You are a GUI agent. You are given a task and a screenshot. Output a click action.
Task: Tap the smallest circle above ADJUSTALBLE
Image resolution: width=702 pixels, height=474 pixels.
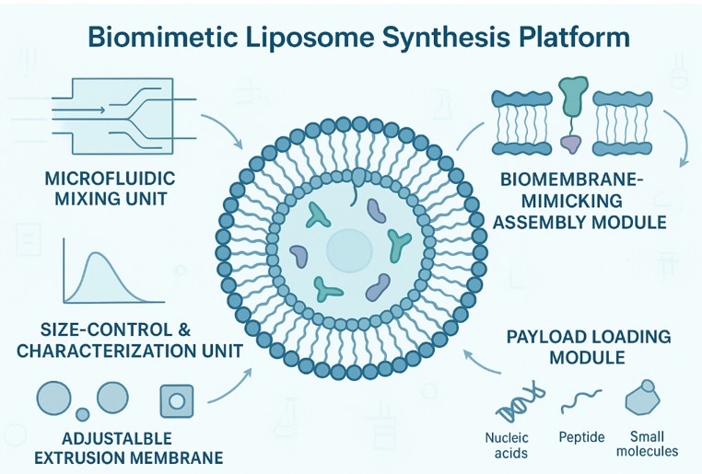[x=81, y=414]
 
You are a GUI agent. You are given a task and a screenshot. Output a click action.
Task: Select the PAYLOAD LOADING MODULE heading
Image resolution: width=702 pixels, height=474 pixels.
[x=589, y=346]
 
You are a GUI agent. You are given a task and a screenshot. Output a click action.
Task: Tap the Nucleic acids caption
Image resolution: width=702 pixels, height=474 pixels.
[x=507, y=445]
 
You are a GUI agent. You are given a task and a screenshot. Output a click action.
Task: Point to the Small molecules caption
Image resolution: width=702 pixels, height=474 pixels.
[x=652, y=445]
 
